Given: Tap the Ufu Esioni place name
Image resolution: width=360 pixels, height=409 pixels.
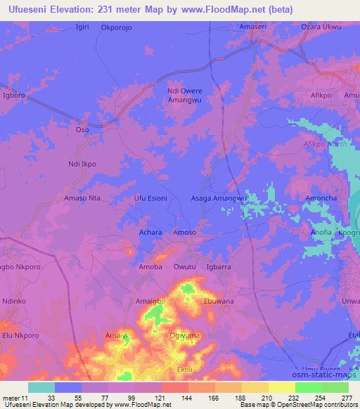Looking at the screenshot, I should [x=150, y=199].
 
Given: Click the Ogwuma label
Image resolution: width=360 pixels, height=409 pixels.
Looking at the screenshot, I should [x=185, y=335].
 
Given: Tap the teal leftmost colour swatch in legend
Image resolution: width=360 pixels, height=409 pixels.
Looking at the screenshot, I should [x=41, y=387].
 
